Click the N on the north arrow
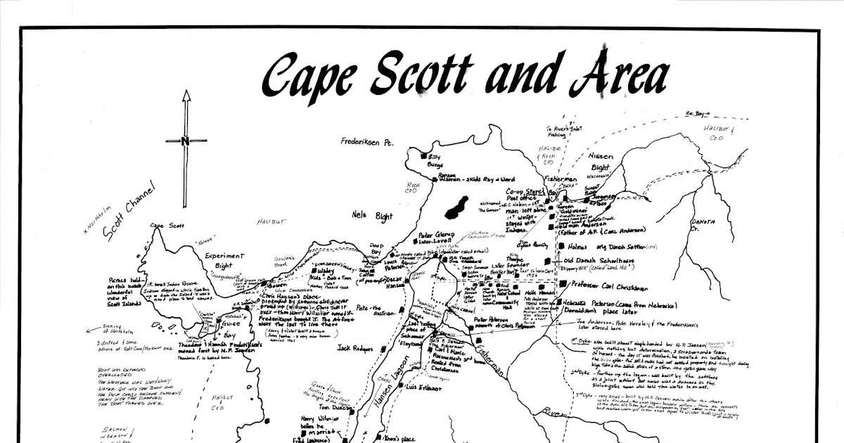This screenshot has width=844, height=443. tap(185, 141)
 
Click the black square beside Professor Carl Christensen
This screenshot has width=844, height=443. tap(563, 283)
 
